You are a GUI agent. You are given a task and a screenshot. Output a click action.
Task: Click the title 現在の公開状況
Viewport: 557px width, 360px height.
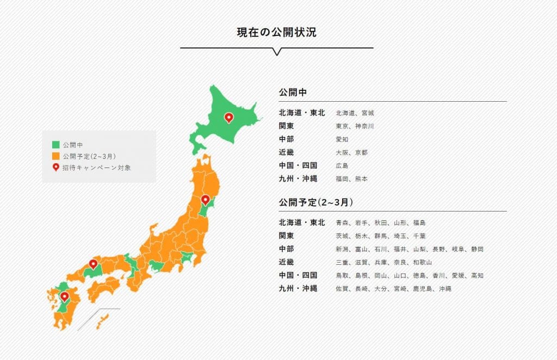[276, 32]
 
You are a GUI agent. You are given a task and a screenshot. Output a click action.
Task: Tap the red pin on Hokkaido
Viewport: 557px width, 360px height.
[229, 117]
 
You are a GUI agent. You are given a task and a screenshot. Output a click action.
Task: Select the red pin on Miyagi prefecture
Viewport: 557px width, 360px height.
[205, 200]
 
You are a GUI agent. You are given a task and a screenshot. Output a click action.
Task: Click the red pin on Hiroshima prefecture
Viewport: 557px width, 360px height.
[94, 264]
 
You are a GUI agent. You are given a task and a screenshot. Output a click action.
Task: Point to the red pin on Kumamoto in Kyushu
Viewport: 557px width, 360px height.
[64, 296]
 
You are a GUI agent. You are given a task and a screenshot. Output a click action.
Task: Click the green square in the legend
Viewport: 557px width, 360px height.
[55, 145]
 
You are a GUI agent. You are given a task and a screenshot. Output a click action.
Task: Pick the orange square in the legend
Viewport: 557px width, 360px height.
[55, 157]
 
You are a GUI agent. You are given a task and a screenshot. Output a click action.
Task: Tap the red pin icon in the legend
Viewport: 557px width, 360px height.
[55, 167]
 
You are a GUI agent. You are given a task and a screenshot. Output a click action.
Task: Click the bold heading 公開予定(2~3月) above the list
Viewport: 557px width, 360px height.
[316, 202]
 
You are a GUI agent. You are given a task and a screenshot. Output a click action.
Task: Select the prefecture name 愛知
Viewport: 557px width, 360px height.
[342, 139]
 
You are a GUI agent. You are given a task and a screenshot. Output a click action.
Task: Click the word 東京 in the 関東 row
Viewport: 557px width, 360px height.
[342, 126]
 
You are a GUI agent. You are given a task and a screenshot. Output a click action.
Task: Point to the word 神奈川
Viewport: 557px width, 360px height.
[364, 126]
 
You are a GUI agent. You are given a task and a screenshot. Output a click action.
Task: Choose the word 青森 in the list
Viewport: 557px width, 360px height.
[342, 223]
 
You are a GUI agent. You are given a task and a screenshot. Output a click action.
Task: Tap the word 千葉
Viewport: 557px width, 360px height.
[419, 236]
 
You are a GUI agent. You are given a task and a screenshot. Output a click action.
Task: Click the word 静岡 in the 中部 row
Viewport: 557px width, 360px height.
[477, 249]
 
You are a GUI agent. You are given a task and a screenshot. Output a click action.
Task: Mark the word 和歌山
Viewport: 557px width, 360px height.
[422, 262]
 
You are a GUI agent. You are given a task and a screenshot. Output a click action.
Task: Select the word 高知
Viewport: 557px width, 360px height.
[477, 275]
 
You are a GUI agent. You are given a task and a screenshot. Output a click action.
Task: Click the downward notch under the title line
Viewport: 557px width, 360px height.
[276, 52]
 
